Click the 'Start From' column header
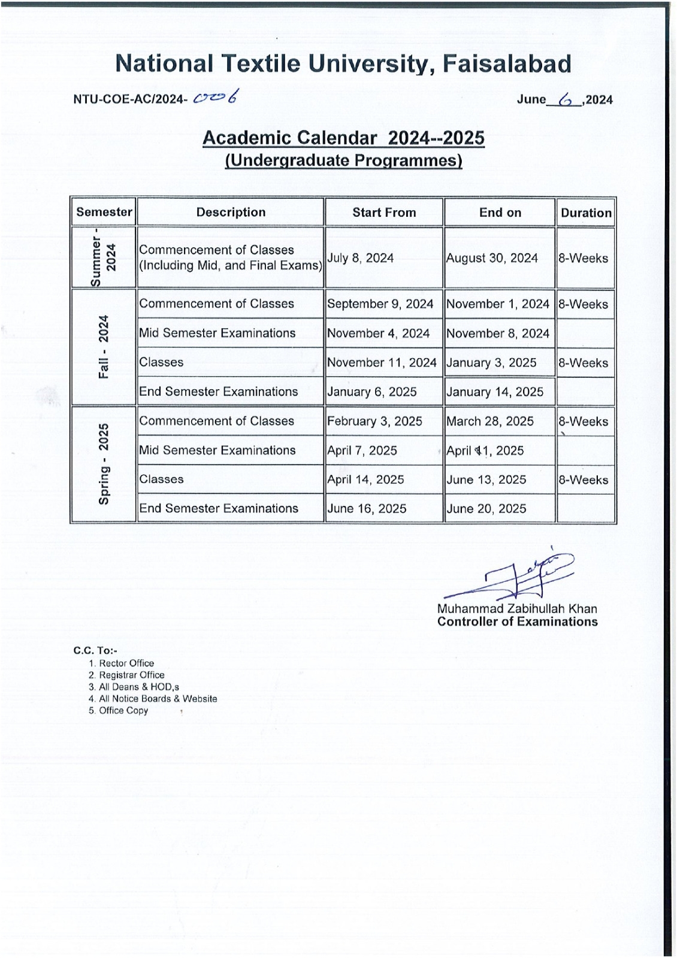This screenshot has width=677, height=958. (384, 213)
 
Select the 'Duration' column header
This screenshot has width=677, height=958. (586, 213)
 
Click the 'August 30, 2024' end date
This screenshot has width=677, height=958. (492, 258)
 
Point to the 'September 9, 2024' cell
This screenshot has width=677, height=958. (380, 304)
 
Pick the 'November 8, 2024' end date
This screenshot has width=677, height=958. (498, 334)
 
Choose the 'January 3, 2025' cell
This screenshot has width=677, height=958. (491, 363)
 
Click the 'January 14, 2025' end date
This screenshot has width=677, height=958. (495, 392)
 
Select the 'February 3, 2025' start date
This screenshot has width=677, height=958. (375, 422)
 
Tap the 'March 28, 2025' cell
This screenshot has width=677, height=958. (490, 422)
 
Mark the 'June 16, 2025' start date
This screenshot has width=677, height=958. (367, 509)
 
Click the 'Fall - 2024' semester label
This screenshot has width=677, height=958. (104, 347)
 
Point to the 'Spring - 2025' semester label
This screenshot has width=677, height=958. (104, 463)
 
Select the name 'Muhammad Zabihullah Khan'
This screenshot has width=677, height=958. (517, 609)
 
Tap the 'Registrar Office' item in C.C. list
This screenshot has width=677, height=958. (131, 675)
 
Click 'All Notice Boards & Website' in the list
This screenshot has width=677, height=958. (158, 699)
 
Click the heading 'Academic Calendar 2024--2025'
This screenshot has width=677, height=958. (343, 138)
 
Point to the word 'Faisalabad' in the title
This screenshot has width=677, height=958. (507, 63)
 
